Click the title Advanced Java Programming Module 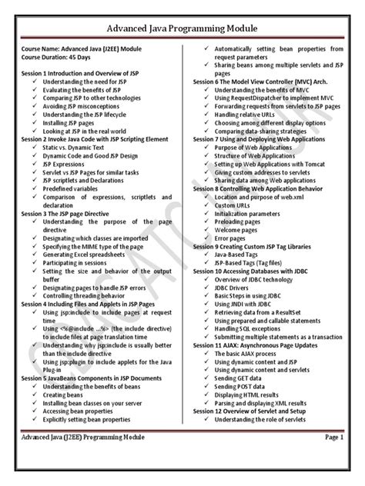coord(182,29)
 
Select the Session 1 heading coord(82,72)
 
